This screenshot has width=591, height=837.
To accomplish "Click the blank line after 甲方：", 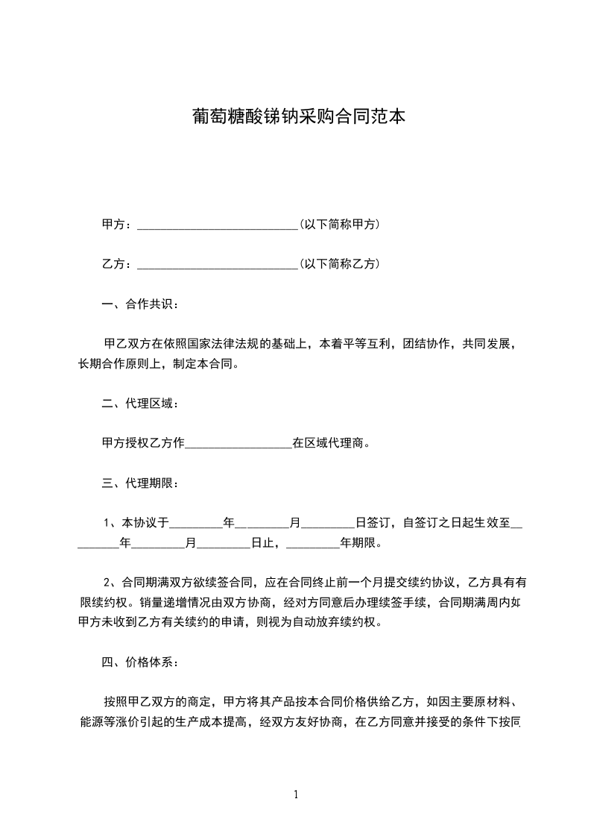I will click(x=218, y=225).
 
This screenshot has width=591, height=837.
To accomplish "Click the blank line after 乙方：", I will click(x=218, y=264).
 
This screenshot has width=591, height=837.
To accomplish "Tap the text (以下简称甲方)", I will click(x=339, y=224).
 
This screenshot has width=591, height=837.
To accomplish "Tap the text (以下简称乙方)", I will click(x=339, y=263).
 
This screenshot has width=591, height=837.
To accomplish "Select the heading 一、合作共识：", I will click(x=140, y=304).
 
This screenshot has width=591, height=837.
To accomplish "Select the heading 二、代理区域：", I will click(x=140, y=404).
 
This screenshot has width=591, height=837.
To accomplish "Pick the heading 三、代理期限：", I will click(x=140, y=483).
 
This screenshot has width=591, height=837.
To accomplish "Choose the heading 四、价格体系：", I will click(x=140, y=662).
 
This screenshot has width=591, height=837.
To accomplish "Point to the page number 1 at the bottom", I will click(x=296, y=794).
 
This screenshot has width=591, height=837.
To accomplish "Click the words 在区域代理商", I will click(x=331, y=443).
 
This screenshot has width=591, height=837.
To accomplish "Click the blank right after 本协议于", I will click(x=197, y=524).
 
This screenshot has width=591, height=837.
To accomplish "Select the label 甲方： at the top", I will click(x=118, y=224).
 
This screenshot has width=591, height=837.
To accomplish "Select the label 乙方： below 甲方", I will click(x=118, y=263).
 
